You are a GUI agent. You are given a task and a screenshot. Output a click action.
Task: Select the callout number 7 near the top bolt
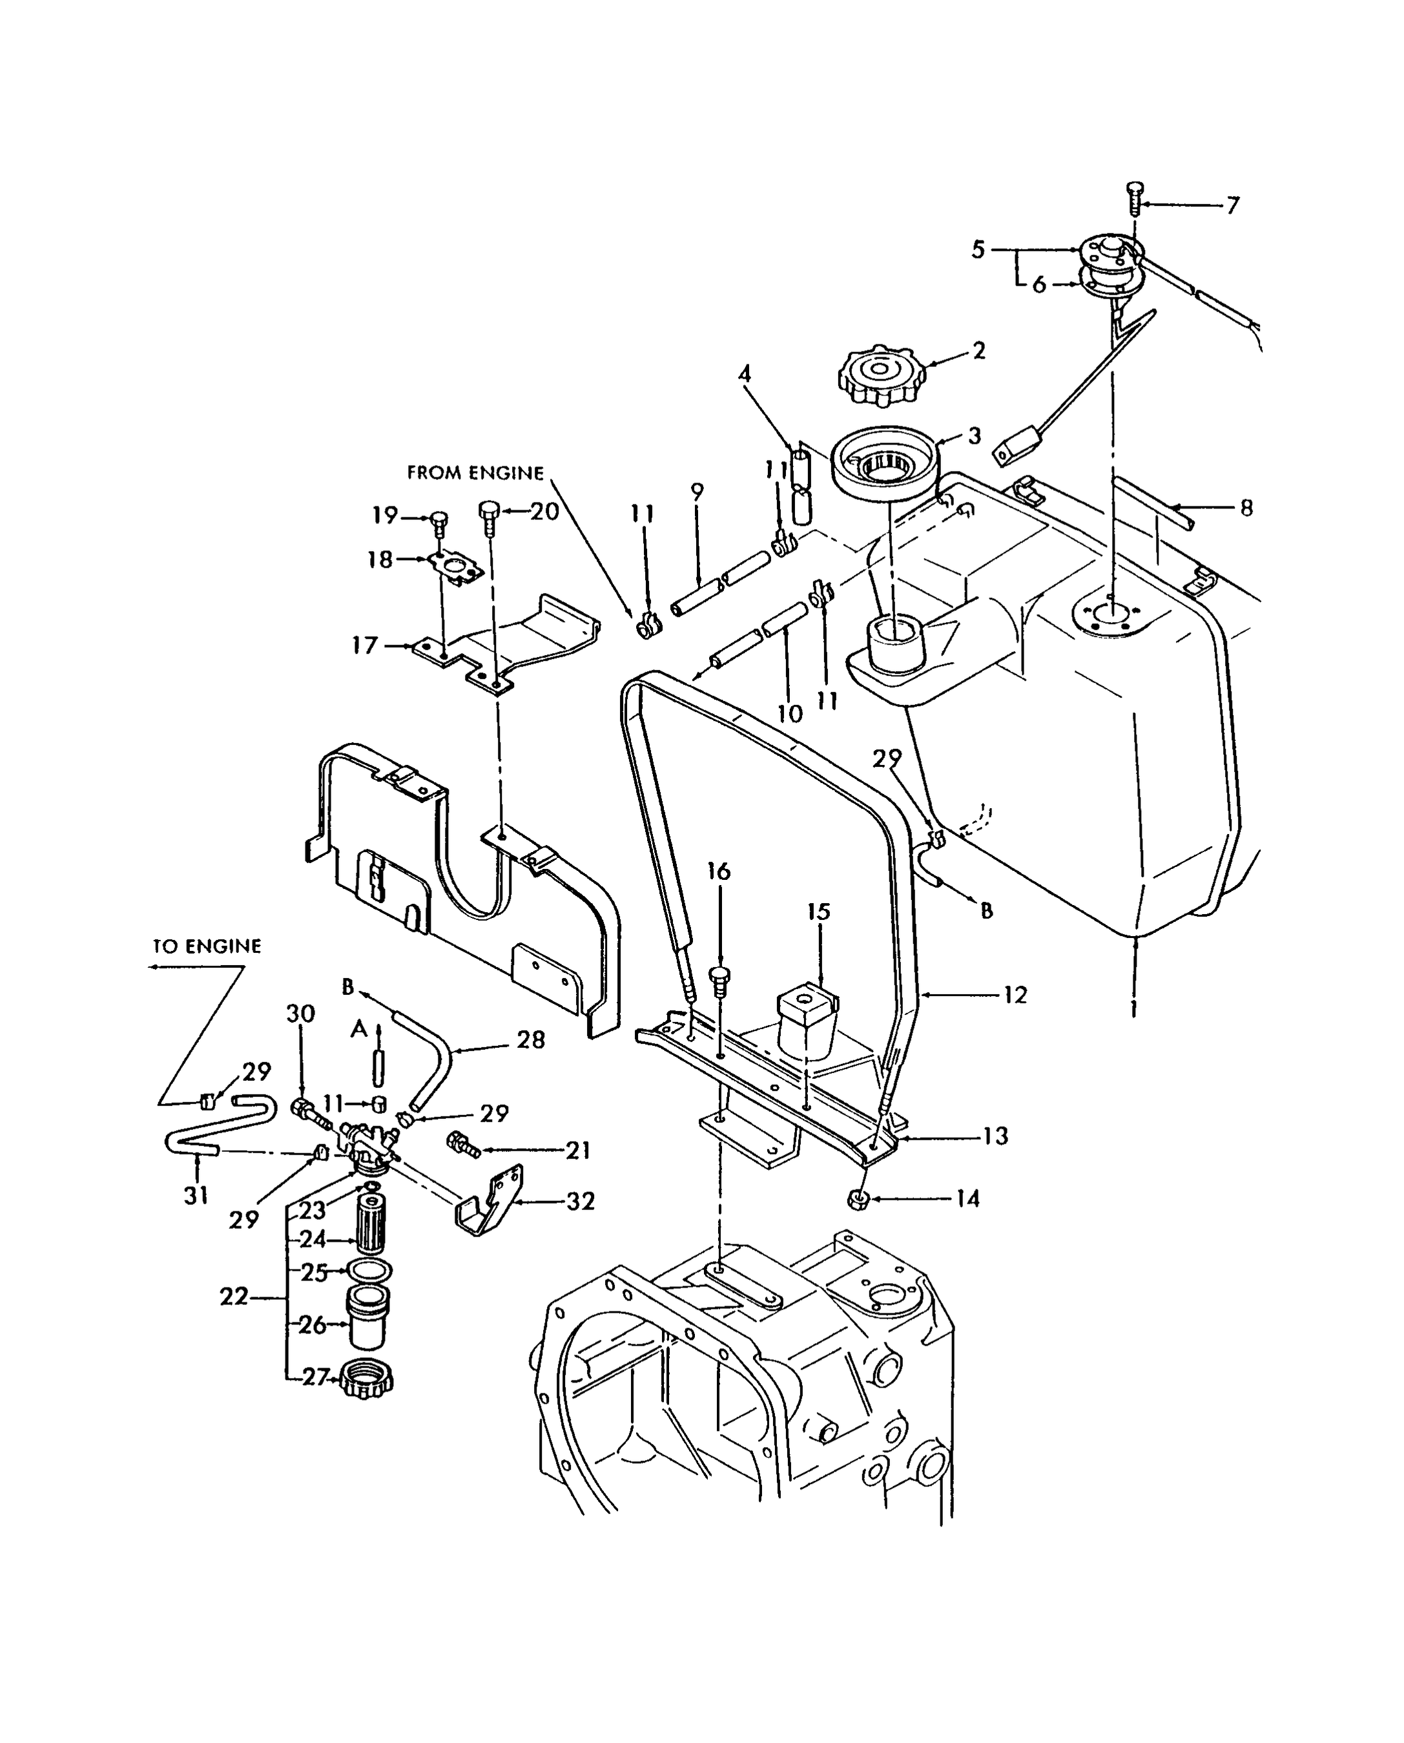click(x=1232, y=205)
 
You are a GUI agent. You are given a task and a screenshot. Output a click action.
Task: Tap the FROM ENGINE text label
click(x=475, y=473)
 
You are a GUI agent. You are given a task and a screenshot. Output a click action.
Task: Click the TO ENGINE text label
click(x=207, y=946)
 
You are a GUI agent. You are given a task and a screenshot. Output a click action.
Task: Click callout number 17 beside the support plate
click(x=365, y=645)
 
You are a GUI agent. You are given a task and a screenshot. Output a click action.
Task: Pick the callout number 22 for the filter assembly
click(x=234, y=1297)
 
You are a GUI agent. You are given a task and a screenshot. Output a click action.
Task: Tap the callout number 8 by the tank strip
click(x=1246, y=508)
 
